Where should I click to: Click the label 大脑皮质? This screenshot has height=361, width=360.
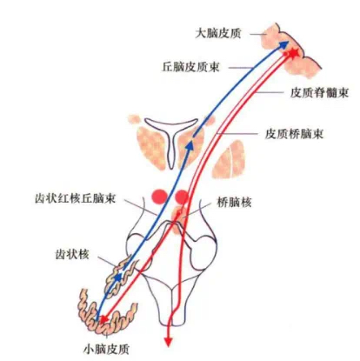click(218, 34)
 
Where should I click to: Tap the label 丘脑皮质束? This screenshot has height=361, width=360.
click(191, 67)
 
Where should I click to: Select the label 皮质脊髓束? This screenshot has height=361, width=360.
click(319, 93)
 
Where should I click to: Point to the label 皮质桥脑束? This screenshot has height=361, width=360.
click(294, 134)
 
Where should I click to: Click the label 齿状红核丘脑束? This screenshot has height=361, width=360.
click(76, 198)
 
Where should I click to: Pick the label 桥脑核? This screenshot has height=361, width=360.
click(234, 202)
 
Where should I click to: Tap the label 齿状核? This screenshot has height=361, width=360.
click(72, 255)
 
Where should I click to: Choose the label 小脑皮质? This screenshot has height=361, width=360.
click(106, 349)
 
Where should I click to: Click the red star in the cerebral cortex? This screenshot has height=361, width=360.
click(293, 53)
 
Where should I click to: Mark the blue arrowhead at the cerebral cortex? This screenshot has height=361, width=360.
click(284, 44)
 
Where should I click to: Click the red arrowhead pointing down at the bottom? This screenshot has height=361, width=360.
click(168, 342)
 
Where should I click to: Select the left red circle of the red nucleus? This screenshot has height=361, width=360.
click(159, 197)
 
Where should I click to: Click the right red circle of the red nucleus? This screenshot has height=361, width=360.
click(183, 197)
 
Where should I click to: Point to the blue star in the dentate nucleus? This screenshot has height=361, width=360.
click(117, 277)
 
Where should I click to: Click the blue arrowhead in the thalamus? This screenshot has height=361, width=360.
click(190, 145)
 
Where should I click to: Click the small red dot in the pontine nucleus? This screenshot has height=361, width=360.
click(179, 212)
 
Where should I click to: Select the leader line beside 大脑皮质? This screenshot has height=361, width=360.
click(258, 34)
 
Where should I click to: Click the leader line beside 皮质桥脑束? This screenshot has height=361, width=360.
click(237, 134)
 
